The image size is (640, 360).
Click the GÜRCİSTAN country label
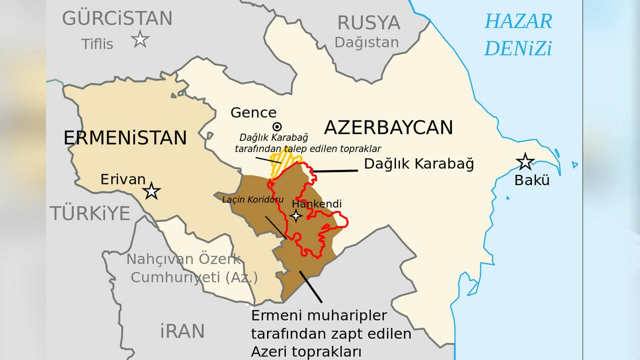[117, 19]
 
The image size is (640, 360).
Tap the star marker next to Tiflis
[140, 39]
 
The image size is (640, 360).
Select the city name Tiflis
[97, 44]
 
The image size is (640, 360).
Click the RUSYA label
[368, 23]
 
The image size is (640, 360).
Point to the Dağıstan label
[366, 42]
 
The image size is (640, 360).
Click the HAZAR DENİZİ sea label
[518, 35]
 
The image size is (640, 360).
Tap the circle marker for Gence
[276, 126]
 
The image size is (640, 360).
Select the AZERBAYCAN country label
[388, 127]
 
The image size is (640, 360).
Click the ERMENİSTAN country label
[125, 137]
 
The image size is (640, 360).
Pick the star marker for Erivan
[151, 191]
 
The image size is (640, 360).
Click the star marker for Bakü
[525, 161]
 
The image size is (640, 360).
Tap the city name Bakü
[531, 180]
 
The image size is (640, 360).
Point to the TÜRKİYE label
[89, 213]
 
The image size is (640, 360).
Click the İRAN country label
[182, 331]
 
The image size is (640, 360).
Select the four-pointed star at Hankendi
[296, 215]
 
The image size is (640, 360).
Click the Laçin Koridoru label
[252, 199]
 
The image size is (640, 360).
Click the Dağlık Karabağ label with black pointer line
[418, 164]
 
